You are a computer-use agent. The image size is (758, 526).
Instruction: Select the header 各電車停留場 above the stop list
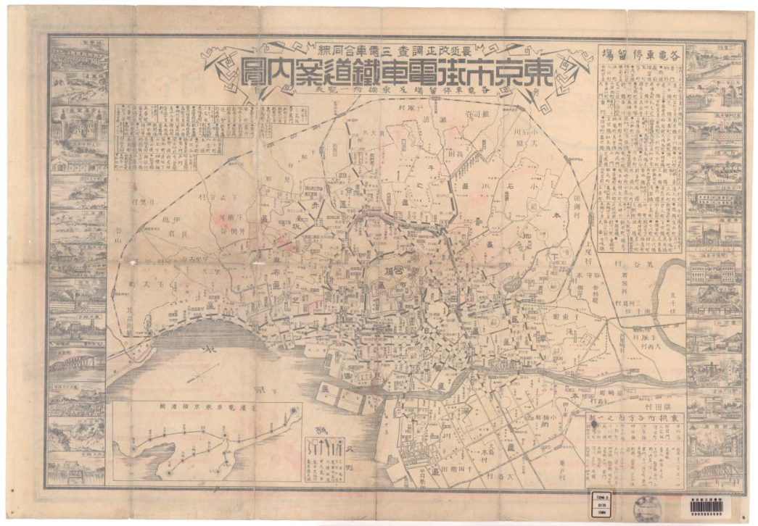click(640, 53)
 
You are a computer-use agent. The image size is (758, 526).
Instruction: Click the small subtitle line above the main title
click(398, 50)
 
